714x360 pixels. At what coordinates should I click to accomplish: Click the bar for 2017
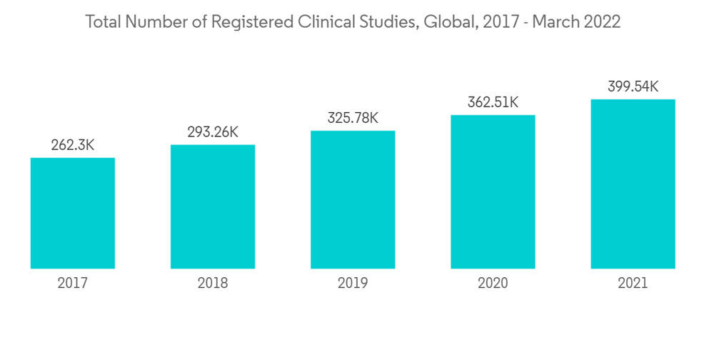point(73,213)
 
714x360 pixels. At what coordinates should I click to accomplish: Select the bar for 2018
point(213,206)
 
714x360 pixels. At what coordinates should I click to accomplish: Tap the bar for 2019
point(353,199)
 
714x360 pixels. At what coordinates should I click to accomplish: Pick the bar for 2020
point(493,191)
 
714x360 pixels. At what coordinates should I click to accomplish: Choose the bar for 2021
point(633,184)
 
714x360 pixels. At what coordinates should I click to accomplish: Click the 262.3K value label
point(73,146)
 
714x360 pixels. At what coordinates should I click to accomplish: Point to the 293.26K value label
point(213,132)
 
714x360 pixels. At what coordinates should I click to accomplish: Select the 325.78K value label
point(353,118)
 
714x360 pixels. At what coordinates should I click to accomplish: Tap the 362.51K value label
point(493,102)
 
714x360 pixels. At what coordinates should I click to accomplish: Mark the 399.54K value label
point(633,87)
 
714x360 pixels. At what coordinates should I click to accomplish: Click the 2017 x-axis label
point(73,284)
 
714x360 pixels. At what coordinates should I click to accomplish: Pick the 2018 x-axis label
point(213,284)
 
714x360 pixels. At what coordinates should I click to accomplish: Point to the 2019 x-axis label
point(353,284)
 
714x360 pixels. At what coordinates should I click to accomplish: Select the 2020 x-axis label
point(493,284)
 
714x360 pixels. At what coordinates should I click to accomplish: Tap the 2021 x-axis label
point(633,284)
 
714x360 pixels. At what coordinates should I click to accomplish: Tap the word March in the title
point(557,22)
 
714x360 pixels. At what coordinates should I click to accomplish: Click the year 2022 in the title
point(603,22)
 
